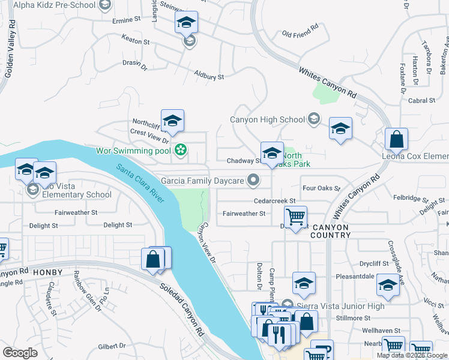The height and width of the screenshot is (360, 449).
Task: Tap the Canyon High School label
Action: [x=268, y=119]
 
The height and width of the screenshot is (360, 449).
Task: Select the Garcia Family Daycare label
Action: [x=202, y=180]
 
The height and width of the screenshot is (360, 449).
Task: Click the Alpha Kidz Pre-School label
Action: [x=53, y=5]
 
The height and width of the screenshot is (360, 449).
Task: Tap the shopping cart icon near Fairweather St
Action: [x=295, y=216]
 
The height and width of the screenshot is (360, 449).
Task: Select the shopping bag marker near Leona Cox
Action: [x=397, y=140]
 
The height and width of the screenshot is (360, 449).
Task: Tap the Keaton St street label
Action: [x=135, y=41]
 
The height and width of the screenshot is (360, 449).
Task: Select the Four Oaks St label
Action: [x=321, y=188]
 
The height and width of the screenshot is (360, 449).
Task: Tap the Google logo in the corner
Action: [x=20, y=353]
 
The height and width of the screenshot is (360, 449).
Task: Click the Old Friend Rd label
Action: [x=300, y=30]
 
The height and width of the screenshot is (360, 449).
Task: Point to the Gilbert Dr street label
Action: [x=115, y=346]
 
